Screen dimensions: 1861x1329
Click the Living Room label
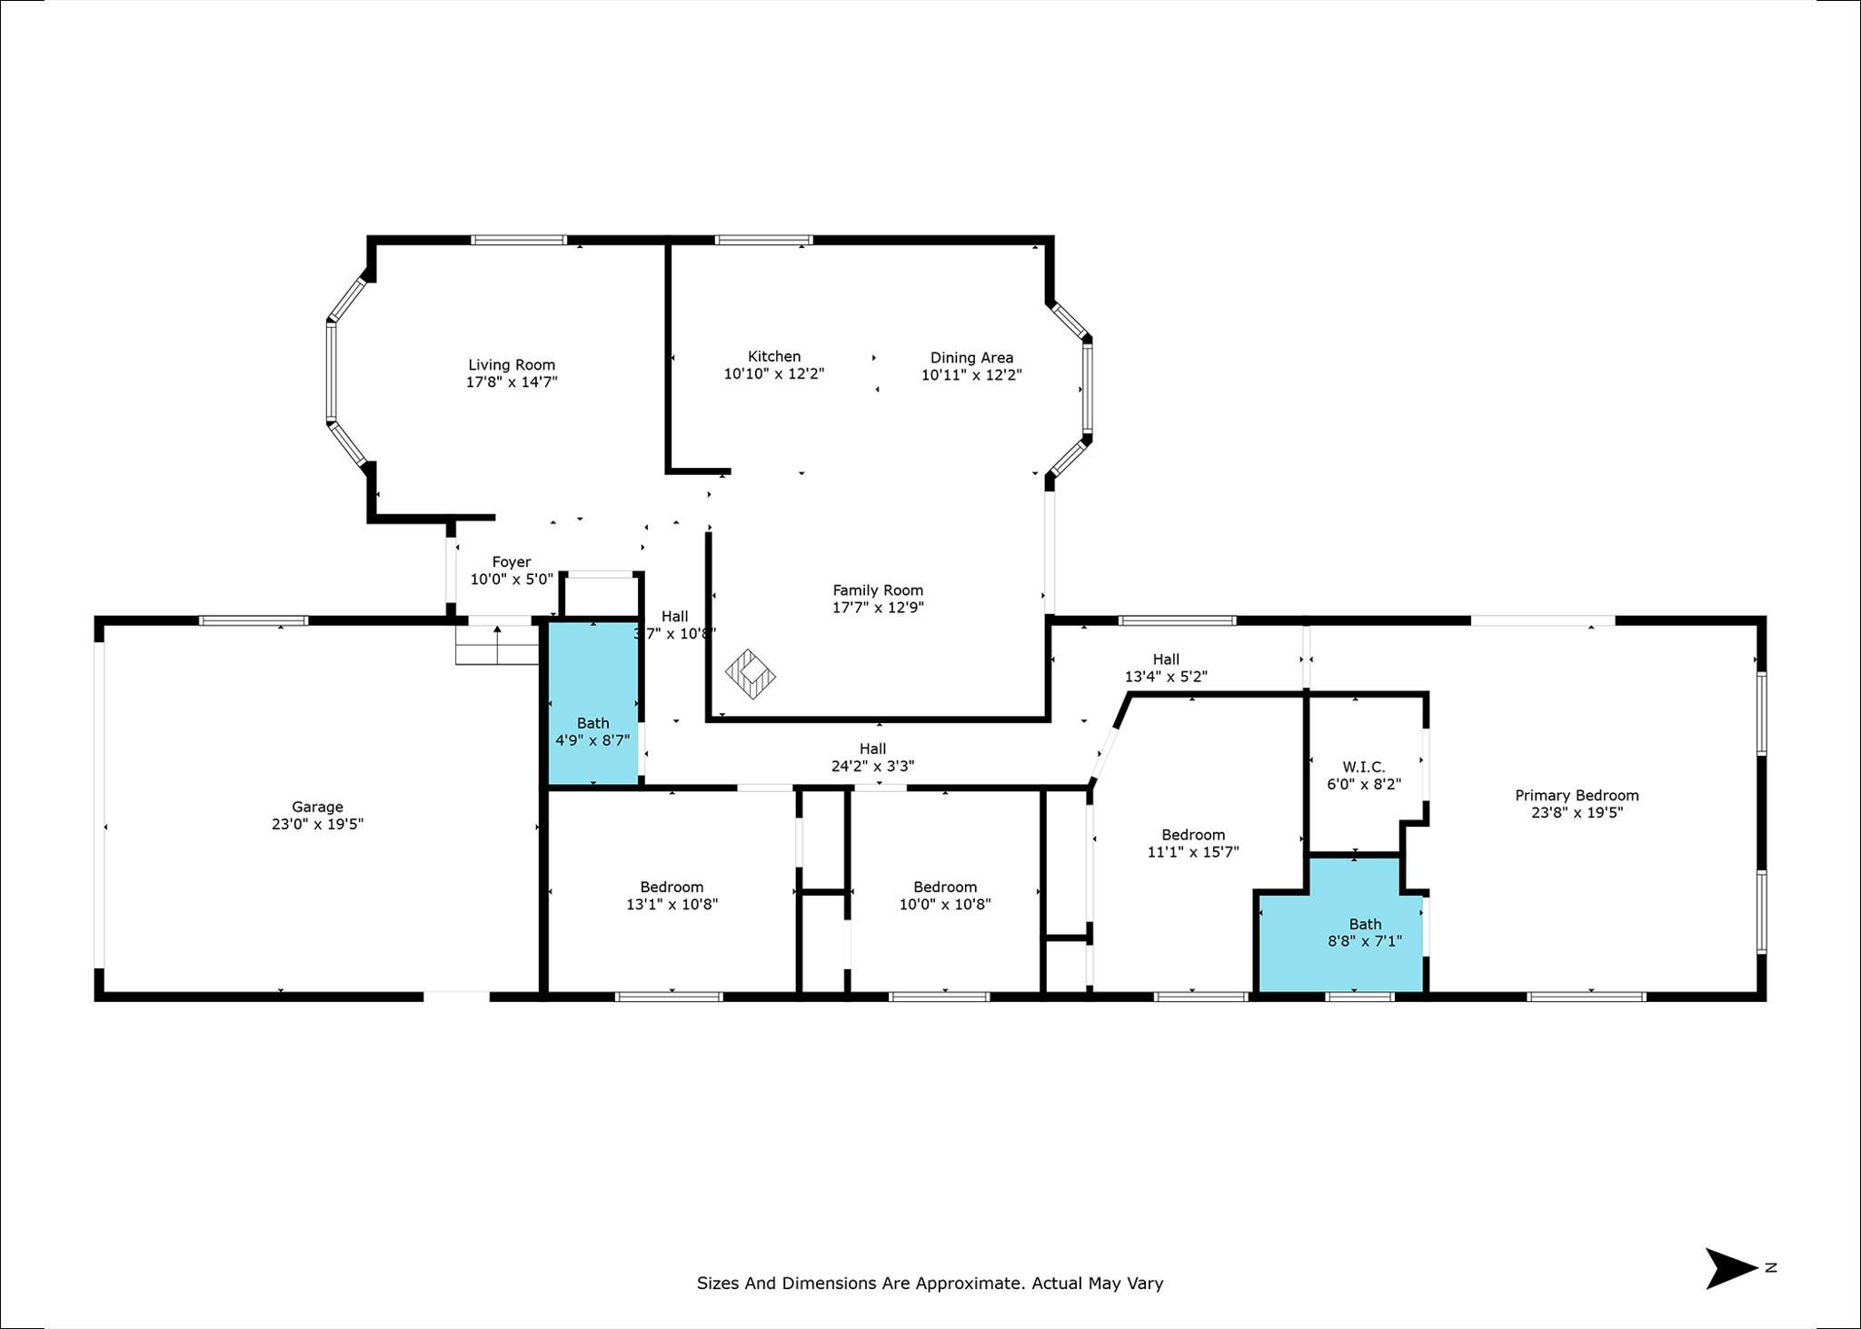click(512, 365)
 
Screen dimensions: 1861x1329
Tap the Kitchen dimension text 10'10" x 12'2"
click(774, 373)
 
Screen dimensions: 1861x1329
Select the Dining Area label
click(971, 358)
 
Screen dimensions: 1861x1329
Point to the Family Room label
click(878, 590)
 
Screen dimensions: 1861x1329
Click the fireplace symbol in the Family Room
click(751, 674)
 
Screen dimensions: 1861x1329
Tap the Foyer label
click(512, 562)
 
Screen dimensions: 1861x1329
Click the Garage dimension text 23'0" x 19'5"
click(317, 824)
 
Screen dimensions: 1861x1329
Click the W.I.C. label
click(1363, 768)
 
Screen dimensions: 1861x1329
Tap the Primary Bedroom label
click(1577, 796)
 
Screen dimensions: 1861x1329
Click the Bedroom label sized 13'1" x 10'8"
click(672, 888)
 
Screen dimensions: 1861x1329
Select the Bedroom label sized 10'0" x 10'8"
click(945, 888)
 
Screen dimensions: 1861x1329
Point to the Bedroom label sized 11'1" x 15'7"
click(1193, 835)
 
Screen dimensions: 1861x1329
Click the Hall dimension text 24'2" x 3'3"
click(872, 766)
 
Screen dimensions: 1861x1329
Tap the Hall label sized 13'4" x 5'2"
click(1166, 660)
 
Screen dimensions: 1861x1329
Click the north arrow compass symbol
click(1731, 1268)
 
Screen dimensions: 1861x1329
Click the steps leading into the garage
click(497, 644)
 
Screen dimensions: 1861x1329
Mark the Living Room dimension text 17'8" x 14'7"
click(512, 382)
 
